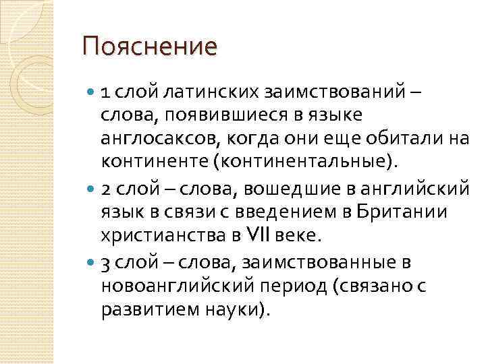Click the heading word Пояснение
(150, 47)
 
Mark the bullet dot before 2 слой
(91, 186)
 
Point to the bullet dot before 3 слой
(91, 262)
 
